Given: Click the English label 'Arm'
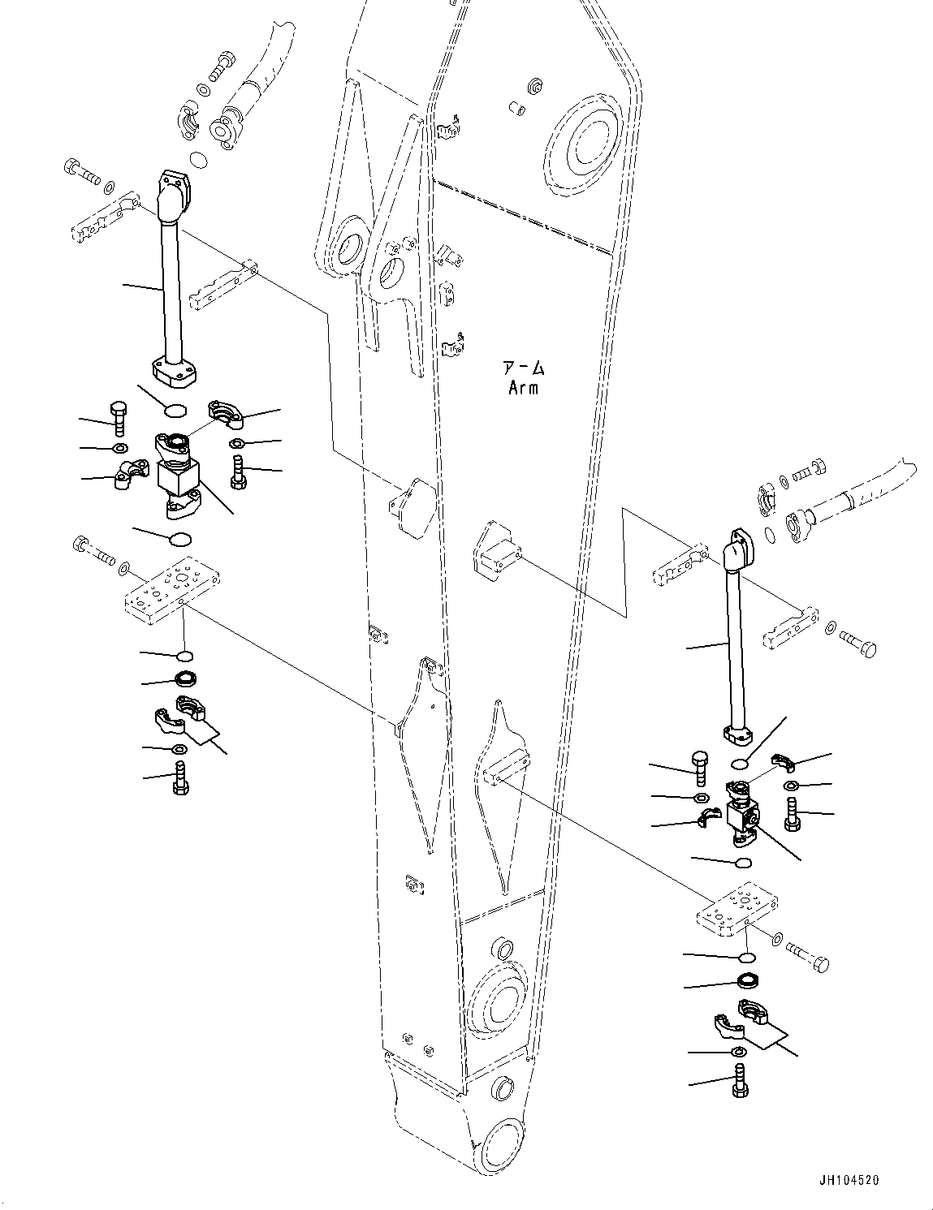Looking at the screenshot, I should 523,388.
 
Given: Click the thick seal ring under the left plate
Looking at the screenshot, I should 185,678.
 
